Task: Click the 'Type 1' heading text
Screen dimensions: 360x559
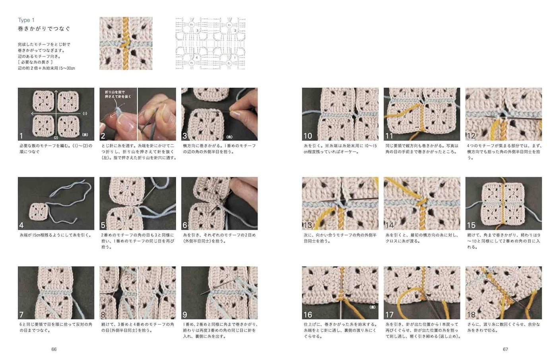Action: [x=26, y=20]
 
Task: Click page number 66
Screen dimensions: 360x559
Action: [x=54, y=349]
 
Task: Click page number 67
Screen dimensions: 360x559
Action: [x=505, y=349]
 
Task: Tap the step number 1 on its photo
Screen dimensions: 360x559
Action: [x=21, y=136]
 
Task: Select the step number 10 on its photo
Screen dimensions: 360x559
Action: [x=308, y=136]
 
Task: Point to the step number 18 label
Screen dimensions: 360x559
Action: [x=471, y=315]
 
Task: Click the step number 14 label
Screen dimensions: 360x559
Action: [x=389, y=225]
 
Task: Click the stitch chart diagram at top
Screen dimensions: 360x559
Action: [x=210, y=43]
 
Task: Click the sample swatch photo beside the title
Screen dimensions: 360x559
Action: [x=126, y=43]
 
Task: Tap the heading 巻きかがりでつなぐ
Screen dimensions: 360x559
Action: [x=44, y=29]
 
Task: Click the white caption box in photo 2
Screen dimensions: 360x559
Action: [x=118, y=94]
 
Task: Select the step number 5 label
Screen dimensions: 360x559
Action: [x=103, y=225]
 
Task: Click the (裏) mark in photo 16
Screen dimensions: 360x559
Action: [x=372, y=307]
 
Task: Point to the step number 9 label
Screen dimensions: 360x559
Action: [x=185, y=315]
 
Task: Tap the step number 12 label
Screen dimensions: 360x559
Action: [x=471, y=136]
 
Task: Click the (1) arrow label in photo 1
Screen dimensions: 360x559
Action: [x=85, y=113]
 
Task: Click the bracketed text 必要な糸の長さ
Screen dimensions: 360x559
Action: [x=35, y=62]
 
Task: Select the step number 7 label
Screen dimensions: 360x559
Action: [x=21, y=315]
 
